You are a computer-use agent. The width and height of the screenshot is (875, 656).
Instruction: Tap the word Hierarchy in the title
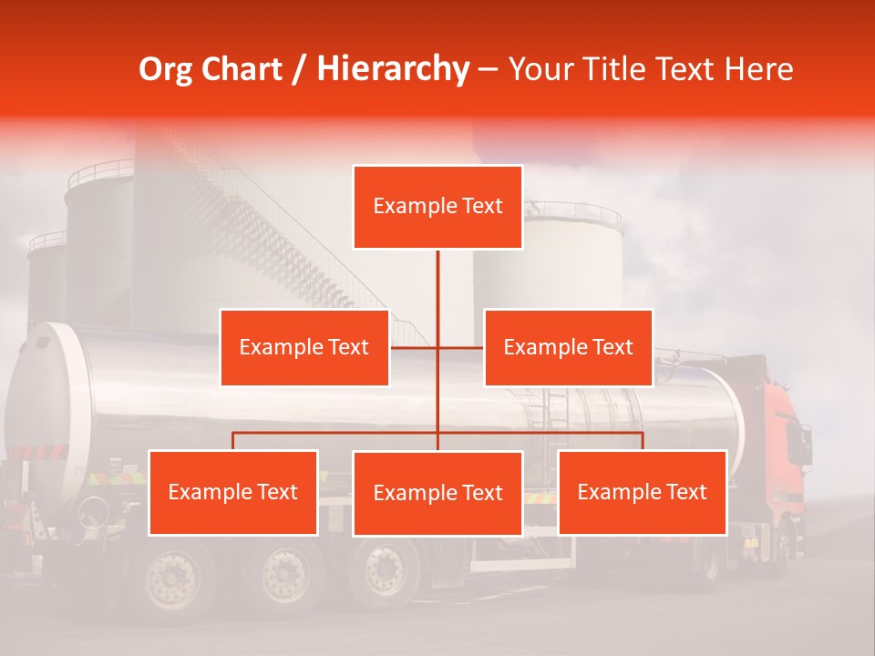click(393, 69)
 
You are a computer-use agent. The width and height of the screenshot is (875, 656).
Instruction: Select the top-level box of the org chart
click(437, 207)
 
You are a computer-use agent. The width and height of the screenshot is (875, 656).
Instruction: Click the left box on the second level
click(304, 347)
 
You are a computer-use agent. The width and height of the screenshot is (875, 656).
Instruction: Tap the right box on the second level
click(568, 347)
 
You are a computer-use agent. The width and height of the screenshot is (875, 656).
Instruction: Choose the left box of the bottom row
click(233, 492)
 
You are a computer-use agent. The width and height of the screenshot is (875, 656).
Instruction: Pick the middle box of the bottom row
click(437, 493)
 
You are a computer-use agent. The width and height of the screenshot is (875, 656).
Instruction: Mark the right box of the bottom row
click(642, 492)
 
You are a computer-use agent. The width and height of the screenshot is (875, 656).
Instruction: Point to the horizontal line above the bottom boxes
click(337, 433)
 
